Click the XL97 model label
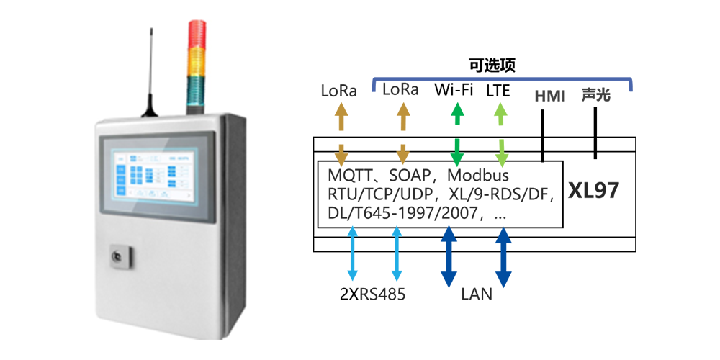pyautogui.click(x=594, y=191)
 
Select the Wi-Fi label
pyautogui.click(x=455, y=91)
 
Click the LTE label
pyautogui.click(x=498, y=91)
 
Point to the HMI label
pyautogui.click(x=550, y=95)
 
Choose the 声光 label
pyautogui.click(x=596, y=94)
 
